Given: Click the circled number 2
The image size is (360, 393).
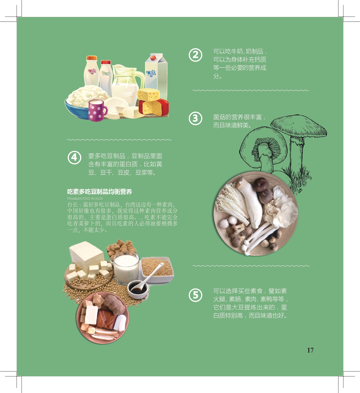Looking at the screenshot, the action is tap(195, 55).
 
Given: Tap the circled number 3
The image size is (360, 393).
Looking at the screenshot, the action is tap(195, 118).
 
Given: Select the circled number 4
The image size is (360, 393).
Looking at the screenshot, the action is tap(74, 158).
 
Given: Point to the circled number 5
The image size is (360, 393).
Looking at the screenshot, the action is tap(195, 295).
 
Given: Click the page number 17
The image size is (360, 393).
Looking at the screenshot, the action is tap(310, 350).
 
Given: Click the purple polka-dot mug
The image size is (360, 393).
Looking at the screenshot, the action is tap(97, 110).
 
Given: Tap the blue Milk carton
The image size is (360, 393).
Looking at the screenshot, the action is tap(156, 76).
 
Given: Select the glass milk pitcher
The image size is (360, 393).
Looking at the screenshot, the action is tap(127, 84).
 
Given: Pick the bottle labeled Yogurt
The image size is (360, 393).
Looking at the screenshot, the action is tap(106, 77).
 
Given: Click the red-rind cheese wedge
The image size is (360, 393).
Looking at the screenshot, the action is tap(154, 108).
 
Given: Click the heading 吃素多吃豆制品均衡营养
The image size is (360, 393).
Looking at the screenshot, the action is tap(100, 192).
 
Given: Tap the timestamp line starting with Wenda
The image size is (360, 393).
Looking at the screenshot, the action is tap(85, 198).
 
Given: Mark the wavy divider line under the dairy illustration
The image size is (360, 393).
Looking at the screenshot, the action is tap(119, 140).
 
